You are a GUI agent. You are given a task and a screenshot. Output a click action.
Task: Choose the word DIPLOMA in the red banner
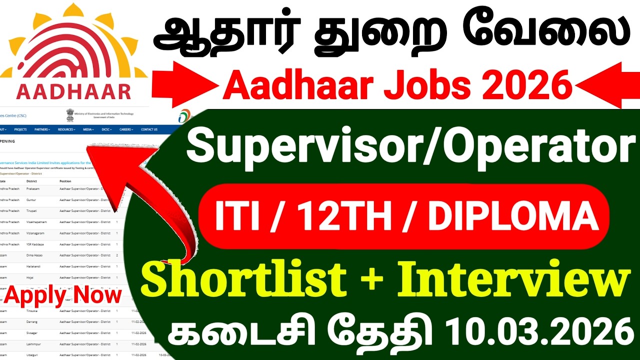pos(513,216)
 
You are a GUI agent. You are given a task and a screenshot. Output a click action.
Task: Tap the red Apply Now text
pos(63,295)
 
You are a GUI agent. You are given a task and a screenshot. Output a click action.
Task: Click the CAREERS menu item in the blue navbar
pos(125,129)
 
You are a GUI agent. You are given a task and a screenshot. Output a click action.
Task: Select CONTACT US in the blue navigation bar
pos(149,129)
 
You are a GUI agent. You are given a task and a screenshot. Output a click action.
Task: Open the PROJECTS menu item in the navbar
pos(20,129)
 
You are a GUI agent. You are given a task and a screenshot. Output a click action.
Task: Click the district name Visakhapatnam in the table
pos(37,222)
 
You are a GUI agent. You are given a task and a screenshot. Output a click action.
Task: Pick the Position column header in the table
pos(65,181)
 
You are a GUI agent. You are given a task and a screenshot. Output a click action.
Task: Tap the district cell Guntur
pos(31,199)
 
